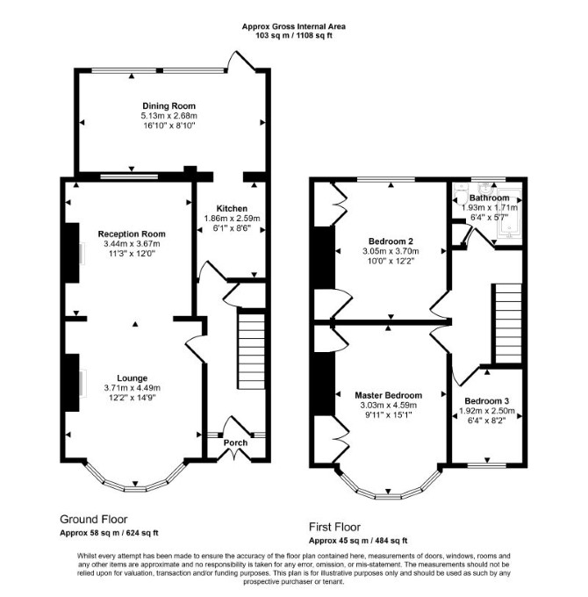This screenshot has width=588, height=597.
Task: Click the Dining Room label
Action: pyautogui.click(x=169, y=106)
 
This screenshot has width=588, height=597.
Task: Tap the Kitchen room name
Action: pyautogui.click(x=232, y=208)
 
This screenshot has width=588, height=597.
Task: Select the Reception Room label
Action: pyautogui.click(x=132, y=234)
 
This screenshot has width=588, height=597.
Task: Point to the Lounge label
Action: pyautogui.click(x=132, y=378)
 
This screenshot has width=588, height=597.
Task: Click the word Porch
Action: pyautogui.click(x=235, y=442)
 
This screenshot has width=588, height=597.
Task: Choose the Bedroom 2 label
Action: pyautogui.click(x=391, y=241)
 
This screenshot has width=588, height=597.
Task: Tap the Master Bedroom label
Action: pyautogui.click(x=388, y=395)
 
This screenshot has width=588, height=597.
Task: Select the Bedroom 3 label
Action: pyautogui.click(x=487, y=401)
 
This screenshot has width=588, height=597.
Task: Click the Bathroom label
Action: pyautogui.click(x=489, y=198)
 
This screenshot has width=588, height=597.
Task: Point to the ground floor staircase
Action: pyautogui.click(x=251, y=349)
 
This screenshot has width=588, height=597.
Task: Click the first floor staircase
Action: pyautogui.click(x=508, y=323)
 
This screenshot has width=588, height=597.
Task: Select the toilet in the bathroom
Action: pyautogui.click(x=461, y=195)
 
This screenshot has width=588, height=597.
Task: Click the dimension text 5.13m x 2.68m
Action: pyautogui.click(x=169, y=116)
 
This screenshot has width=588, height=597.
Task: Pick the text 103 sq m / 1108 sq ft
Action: pyautogui.click(x=294, y=36)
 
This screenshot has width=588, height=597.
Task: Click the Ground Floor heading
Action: pyautogui.click(x=94, y=519)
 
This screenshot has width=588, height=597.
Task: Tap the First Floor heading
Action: pyautogui.click(x=334, y=527)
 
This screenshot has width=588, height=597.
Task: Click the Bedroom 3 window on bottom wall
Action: pyautogui.click(x=487, y=465)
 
